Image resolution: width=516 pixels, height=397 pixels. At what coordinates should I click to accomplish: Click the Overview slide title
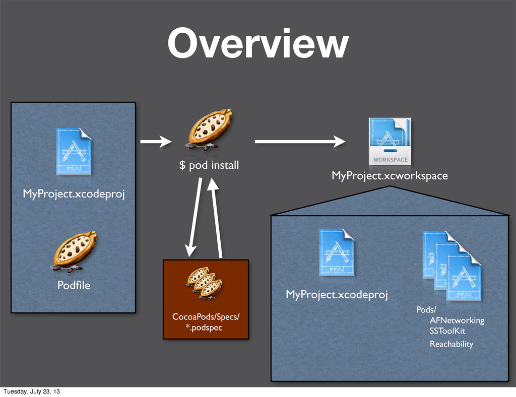point(258,43)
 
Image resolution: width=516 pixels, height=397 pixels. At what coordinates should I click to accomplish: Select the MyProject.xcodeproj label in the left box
point(74,194)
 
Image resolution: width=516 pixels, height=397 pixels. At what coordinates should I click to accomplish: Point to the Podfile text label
point(74,285)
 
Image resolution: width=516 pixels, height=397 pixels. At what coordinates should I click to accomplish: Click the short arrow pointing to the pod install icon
point(156,142)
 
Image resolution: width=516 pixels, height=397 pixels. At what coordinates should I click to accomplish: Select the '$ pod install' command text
point(209,165)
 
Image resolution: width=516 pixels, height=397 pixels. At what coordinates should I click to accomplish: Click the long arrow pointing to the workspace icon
point(300,142)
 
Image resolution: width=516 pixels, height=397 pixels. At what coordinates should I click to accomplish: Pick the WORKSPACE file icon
point(390,142)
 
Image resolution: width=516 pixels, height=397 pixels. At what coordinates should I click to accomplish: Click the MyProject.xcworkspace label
point(390,176)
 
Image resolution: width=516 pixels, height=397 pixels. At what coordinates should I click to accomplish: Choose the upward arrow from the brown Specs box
point(215,218)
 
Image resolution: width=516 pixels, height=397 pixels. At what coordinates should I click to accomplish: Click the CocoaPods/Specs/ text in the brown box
point(206,317)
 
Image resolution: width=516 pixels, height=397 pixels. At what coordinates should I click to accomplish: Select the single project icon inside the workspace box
point(337,252)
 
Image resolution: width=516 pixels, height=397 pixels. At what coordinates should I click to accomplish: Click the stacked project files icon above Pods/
point(452,267)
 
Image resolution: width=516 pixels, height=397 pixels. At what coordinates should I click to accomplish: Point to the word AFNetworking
point(457,320)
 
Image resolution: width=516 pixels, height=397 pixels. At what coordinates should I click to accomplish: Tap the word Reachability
point(451,344)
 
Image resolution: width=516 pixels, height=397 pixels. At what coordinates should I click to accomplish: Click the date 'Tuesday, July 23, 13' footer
point(32,391)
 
